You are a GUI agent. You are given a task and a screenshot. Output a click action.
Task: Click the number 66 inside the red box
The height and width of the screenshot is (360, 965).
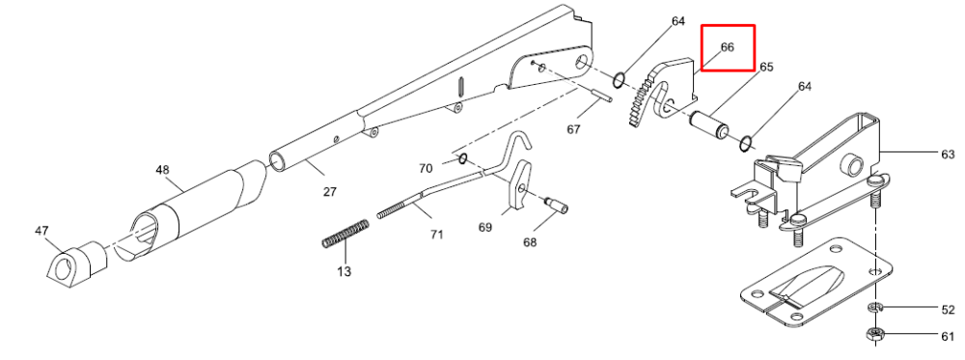click(x=727, y=46)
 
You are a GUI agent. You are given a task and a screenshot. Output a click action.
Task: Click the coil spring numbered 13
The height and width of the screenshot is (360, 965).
click(x=345, y=234)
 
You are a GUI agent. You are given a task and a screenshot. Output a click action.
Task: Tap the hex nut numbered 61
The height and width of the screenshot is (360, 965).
click(x=875, y=334)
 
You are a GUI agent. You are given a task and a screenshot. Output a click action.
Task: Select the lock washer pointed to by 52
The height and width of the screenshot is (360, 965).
click(x=874, y=307)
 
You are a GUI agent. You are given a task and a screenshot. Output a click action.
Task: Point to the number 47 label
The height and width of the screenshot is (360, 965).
click(x=41, y=231)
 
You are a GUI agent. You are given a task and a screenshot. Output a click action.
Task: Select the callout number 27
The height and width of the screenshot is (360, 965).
click(x=330, y=191)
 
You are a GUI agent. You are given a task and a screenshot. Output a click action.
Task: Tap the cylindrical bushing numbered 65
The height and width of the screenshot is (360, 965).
click(x=709, y=124)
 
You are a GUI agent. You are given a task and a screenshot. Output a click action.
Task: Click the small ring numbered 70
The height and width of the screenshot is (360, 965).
click(x=462, y=159)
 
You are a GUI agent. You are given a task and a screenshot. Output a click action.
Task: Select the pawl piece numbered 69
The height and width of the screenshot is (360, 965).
click(x=519, y=184)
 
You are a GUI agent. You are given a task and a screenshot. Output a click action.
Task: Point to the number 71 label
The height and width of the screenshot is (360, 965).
click(x=436, y=235)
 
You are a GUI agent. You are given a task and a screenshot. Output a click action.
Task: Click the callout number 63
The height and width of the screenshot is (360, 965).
click(x=948, y=153)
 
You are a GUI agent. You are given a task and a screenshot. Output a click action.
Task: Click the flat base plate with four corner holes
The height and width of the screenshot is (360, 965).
click(x=814, y=282)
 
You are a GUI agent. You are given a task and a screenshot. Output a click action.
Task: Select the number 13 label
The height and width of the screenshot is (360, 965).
click(x=345, y=271)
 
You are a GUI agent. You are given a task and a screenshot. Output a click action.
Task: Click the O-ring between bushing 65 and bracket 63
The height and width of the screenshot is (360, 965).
click(x=745, y=144)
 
